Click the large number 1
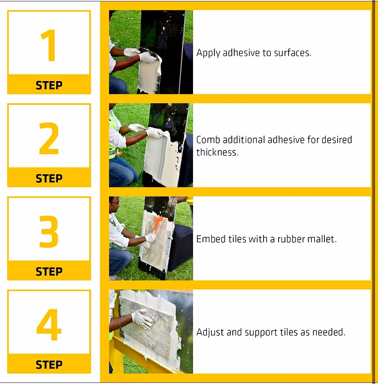click(49, 45)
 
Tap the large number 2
click(49, 138)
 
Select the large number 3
click(49, 231)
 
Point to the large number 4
click(49, 324)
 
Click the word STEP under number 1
click(49, 85)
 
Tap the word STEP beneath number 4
click(49, 365)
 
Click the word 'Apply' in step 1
click(208, 53)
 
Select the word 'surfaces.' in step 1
click(292, 53)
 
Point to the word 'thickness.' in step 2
click(217, 152)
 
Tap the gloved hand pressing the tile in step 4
click(142, 318)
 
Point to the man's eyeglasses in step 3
click(115, 203)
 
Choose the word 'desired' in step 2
click(337, 140)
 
